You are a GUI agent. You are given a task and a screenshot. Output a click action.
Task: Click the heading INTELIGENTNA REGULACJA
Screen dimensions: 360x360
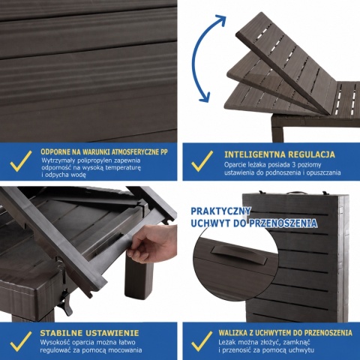(280, 154)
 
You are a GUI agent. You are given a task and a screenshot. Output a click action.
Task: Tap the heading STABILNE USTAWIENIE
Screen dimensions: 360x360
(89, 333)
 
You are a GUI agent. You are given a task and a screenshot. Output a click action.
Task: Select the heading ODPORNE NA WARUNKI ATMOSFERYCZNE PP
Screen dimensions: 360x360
(104, 151)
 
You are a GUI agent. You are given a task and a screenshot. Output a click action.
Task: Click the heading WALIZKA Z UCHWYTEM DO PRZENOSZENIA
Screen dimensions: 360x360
(286, 333)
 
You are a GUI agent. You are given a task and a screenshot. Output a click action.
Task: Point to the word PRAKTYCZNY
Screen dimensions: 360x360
(220, 211)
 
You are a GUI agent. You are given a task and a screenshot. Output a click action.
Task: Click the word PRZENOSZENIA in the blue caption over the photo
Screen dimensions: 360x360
(283, 223)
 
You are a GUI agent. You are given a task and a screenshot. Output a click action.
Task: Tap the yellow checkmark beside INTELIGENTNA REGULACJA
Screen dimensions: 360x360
(202, 161)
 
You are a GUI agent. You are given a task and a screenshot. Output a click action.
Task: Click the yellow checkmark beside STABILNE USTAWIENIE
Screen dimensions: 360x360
(21, 341)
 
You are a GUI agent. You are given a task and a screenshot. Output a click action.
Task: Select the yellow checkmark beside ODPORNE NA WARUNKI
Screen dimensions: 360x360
(21, 161)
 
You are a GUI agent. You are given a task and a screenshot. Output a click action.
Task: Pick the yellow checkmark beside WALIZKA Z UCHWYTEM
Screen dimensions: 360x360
(202, 341)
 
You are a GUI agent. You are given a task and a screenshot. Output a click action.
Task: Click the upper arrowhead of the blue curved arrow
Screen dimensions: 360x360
(220, 19)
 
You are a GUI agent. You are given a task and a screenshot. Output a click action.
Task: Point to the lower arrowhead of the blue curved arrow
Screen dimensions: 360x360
(205, 97)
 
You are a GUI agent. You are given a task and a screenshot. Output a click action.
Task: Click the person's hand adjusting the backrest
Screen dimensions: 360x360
(149, 241)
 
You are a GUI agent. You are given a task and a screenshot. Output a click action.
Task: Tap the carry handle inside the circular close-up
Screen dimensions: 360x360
(238, 253)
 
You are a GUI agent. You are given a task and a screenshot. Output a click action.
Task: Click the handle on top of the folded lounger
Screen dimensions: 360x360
(296, 193)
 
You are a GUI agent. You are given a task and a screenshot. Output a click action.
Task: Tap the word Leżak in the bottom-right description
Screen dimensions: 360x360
(227, 342)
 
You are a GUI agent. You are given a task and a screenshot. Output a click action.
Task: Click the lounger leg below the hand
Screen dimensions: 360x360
(137, 276)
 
